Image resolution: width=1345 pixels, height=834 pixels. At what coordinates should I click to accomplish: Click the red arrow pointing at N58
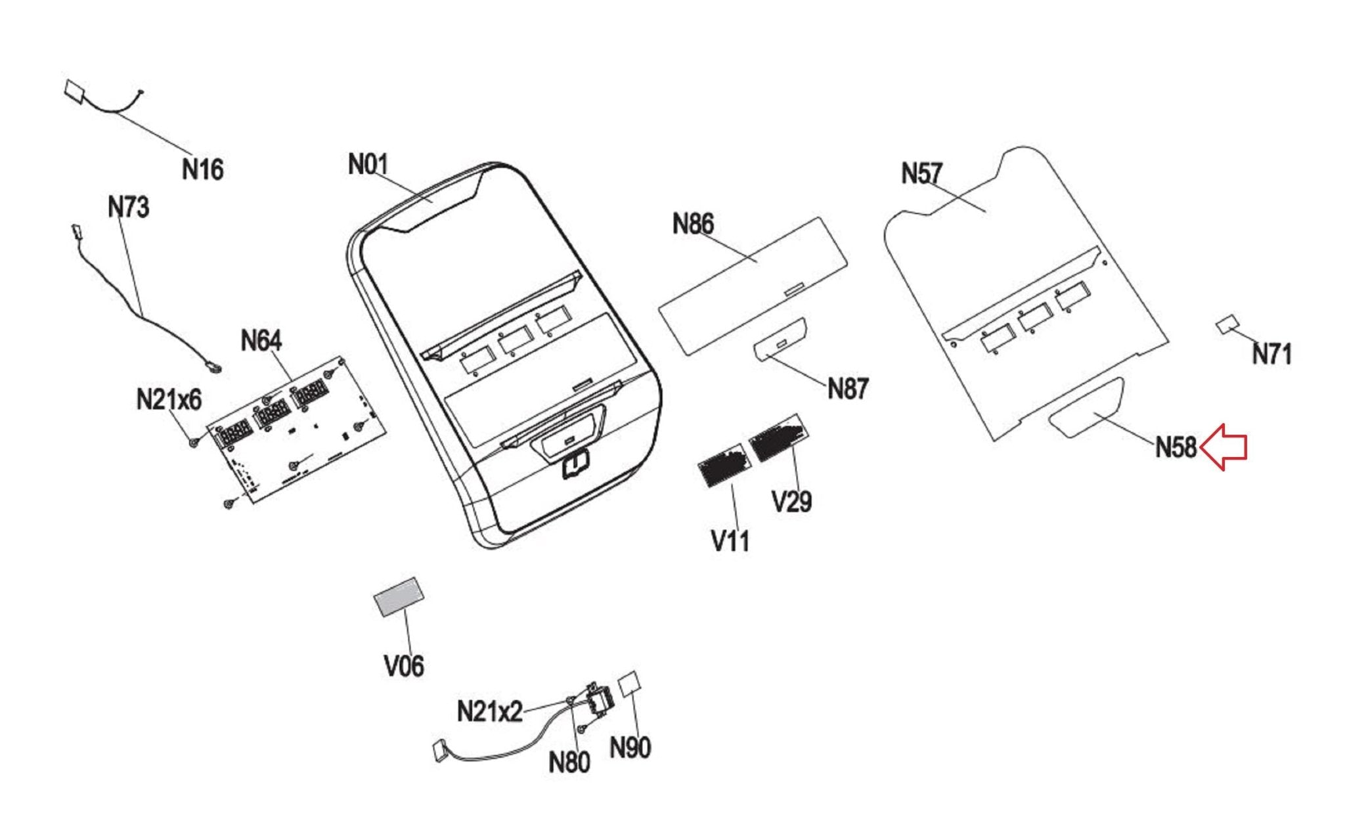coord(1224,447)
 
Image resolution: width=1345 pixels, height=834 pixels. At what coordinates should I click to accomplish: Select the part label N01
coord(368,164)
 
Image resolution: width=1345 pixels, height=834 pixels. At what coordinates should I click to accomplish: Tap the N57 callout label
coord(921,174)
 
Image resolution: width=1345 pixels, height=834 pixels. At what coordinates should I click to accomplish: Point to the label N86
coord(693,225)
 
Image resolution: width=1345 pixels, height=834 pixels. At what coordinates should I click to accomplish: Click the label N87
coord(847,389)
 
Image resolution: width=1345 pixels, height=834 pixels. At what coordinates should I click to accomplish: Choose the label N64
coord(261,341)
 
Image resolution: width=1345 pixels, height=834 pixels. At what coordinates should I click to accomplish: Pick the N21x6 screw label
coord(169,399)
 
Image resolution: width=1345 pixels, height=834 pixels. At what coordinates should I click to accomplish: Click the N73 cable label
coord(129,208)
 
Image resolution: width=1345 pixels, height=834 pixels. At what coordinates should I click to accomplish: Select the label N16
coord(202,169)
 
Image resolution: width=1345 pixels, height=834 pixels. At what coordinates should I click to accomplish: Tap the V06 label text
coord(404,666)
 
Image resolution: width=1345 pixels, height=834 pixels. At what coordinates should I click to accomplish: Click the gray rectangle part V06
coord(399,596)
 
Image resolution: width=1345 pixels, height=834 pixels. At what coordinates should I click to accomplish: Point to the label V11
coord(730,542)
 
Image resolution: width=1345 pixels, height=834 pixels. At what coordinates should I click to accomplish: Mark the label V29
coord(792,502)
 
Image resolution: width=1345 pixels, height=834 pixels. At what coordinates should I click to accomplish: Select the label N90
coord(630,747)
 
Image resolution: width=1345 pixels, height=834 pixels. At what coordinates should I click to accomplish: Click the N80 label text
coord(569,762)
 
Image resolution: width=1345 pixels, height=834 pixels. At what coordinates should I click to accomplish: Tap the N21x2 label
coord(489,711)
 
